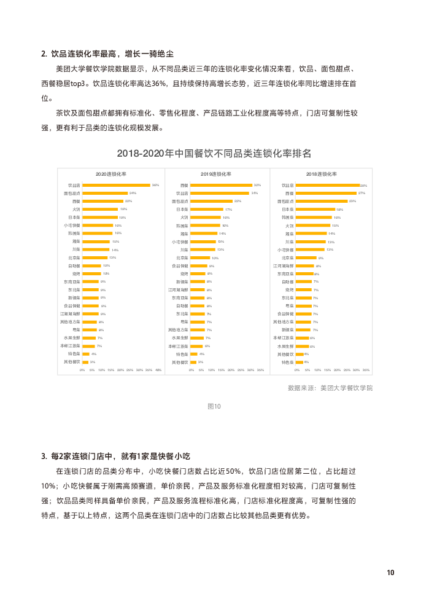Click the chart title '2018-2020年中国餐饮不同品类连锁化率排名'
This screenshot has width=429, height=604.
tap(214, 153)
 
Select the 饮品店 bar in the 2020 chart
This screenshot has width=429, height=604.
tap(117, 185)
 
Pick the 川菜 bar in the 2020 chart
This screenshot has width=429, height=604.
tap(96, 249)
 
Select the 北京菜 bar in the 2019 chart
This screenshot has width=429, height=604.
tap(200, 257)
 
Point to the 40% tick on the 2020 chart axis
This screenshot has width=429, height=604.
tap(158, 370)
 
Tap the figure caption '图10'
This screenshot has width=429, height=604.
tap(214, 406)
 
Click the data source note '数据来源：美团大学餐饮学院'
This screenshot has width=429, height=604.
tap(330, 388)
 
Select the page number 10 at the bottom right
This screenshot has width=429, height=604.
tap(390, 573)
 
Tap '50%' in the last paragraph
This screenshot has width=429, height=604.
tap(233, 471)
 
